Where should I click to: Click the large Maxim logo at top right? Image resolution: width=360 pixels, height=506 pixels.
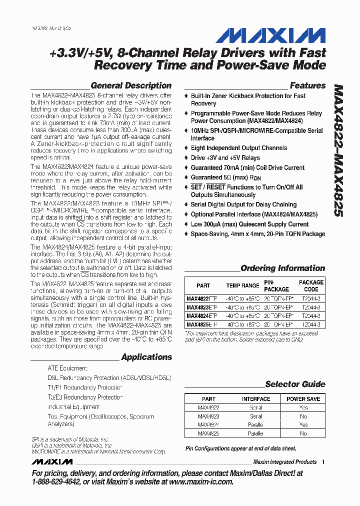270,35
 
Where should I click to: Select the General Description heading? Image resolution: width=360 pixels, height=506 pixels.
131,85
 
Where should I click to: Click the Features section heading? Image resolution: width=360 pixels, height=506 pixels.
307,85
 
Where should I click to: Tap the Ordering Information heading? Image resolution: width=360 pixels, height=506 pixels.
282,268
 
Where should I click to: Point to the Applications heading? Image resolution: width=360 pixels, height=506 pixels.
146,357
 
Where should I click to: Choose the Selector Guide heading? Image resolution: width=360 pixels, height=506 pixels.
295,384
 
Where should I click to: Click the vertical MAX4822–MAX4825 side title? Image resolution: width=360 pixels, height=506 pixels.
338,150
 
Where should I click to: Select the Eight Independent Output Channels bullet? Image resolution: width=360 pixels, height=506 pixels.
238,148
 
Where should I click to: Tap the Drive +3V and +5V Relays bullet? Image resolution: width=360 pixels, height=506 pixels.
225,157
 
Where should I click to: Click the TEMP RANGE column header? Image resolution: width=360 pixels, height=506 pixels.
242,285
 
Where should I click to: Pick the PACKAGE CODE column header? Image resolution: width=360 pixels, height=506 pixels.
311,285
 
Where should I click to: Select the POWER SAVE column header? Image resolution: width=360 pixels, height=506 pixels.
303,399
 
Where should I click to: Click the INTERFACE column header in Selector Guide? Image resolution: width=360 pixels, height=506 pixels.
256,399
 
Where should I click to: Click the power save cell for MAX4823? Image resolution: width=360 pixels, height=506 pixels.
303,416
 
